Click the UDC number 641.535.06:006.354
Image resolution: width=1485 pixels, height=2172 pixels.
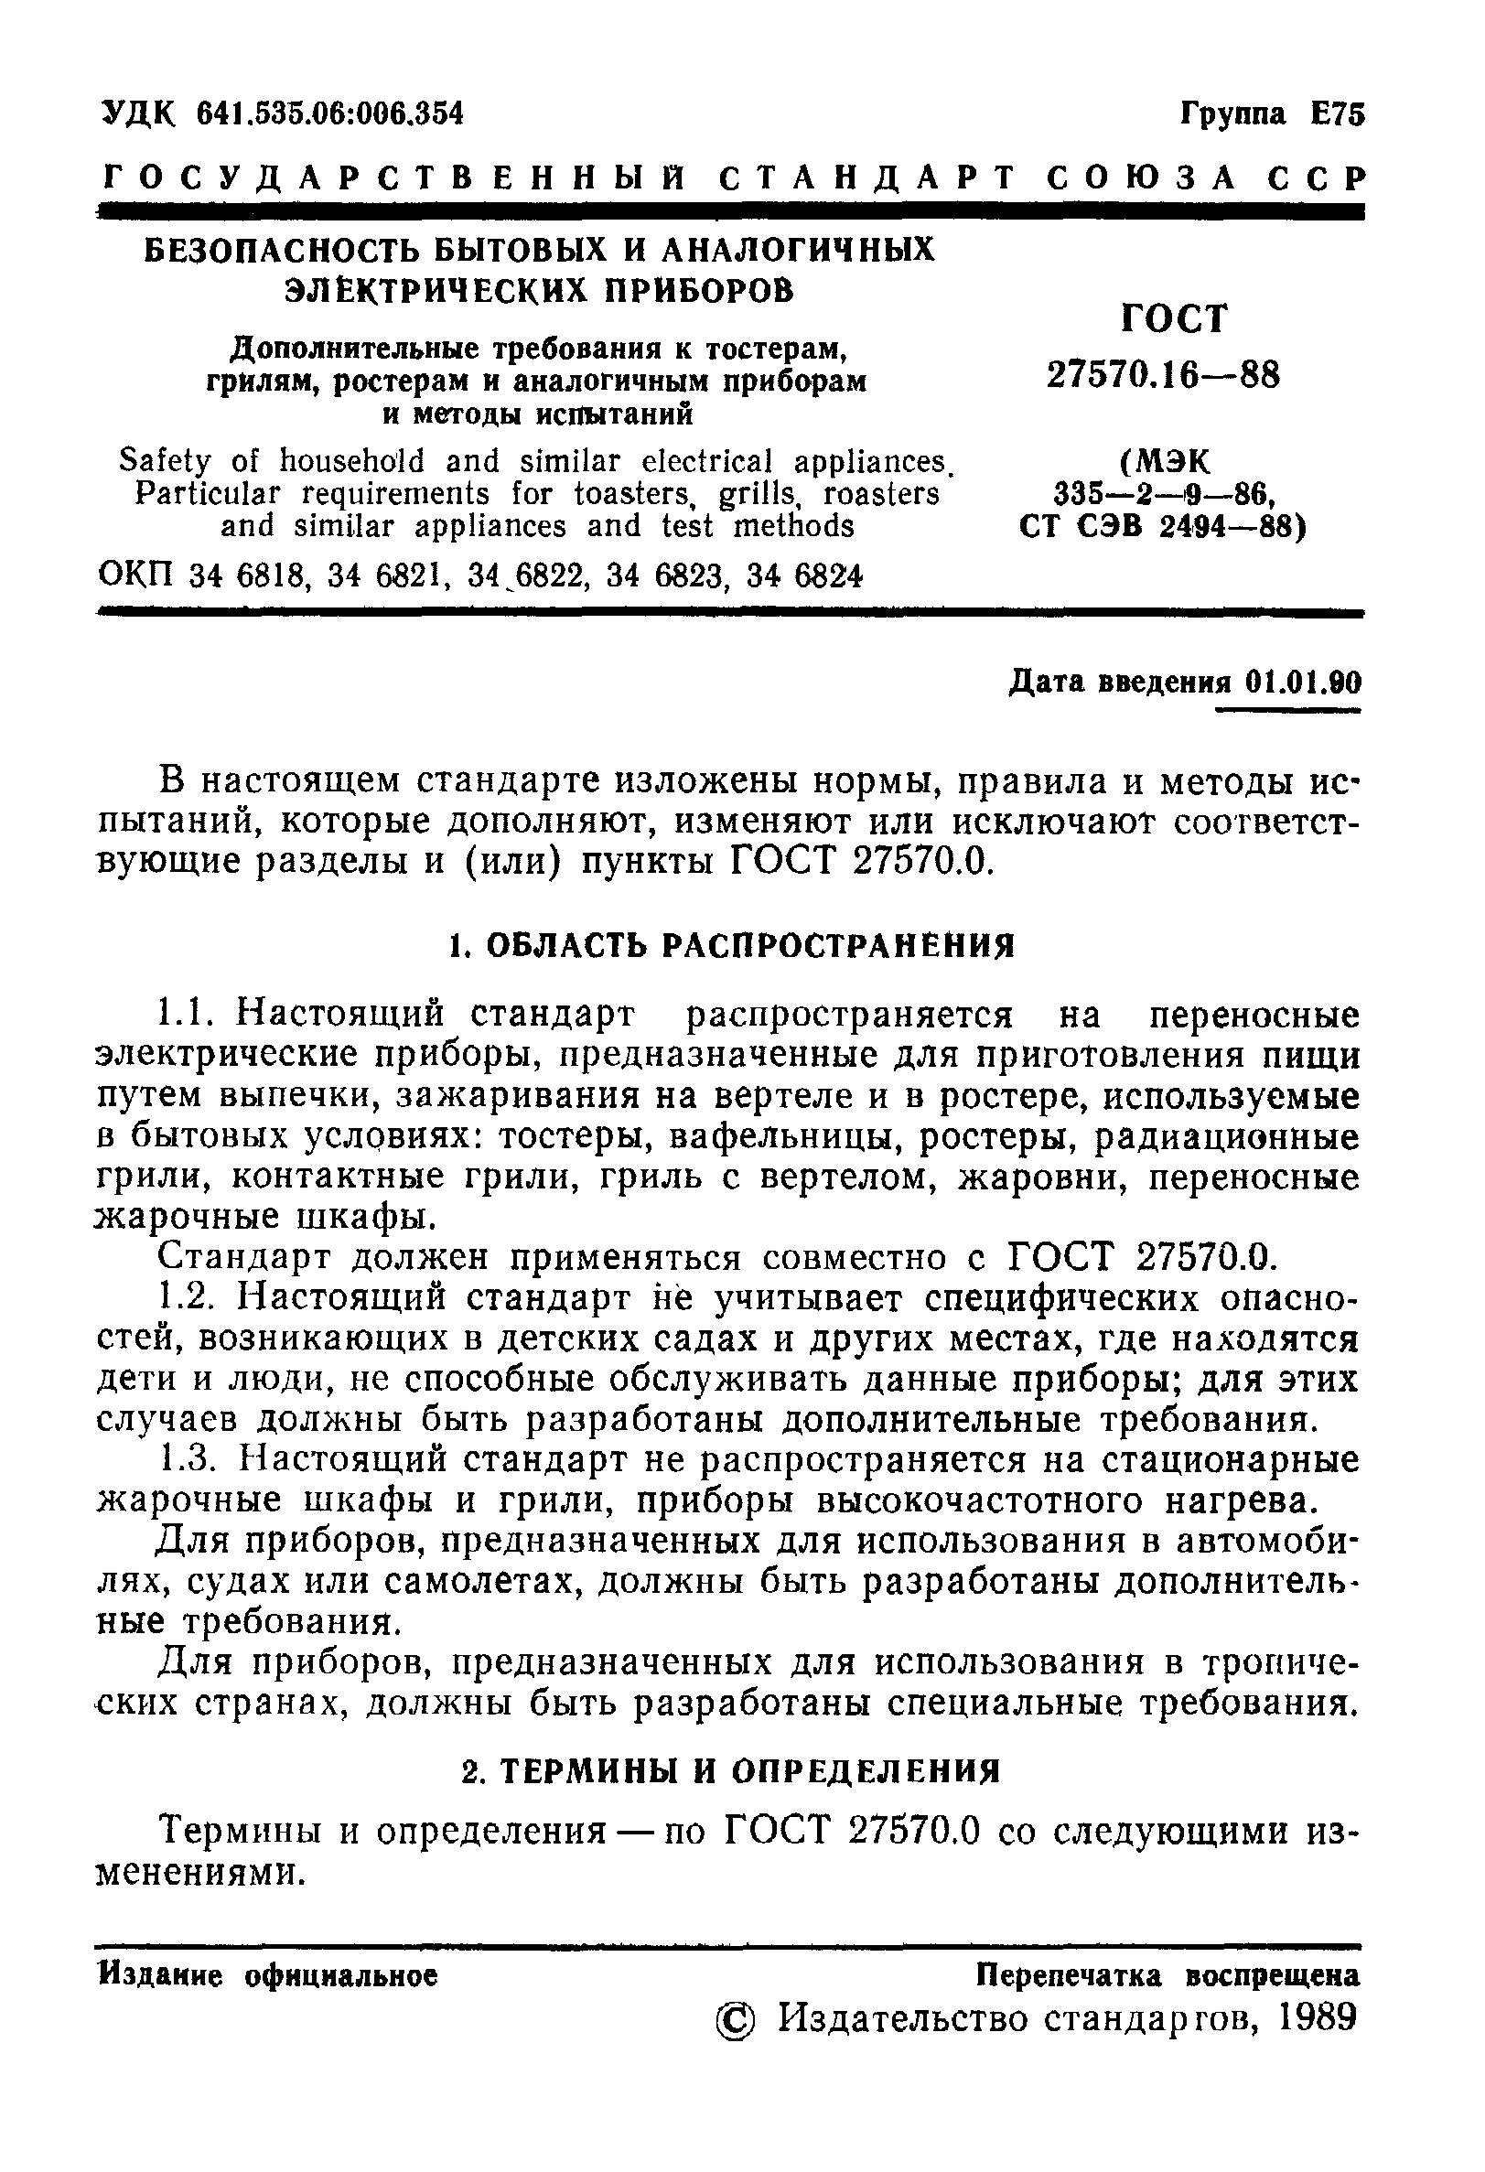(331, 114)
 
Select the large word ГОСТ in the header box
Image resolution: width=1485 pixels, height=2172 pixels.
(1172, 319)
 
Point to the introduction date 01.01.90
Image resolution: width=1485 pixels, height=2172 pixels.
(1304, 683)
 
